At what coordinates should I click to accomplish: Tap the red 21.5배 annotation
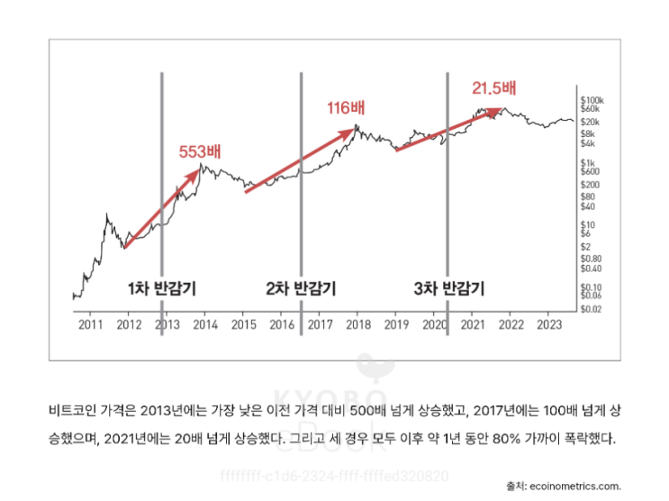[x=494, y=88]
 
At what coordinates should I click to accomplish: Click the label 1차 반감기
[x=162, y=289]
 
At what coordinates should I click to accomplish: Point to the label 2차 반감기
[x=301, y=289]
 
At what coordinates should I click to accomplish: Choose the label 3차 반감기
[x=448, y=289]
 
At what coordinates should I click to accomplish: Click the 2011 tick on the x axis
[x=89, y=323]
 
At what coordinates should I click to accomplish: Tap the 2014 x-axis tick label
[x=205, y=323]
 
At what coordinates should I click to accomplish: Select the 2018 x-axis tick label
[x=357, y=323]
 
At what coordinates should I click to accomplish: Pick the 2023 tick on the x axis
[x=548, y=323]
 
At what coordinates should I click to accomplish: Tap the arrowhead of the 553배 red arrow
[x=197, y=170]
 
